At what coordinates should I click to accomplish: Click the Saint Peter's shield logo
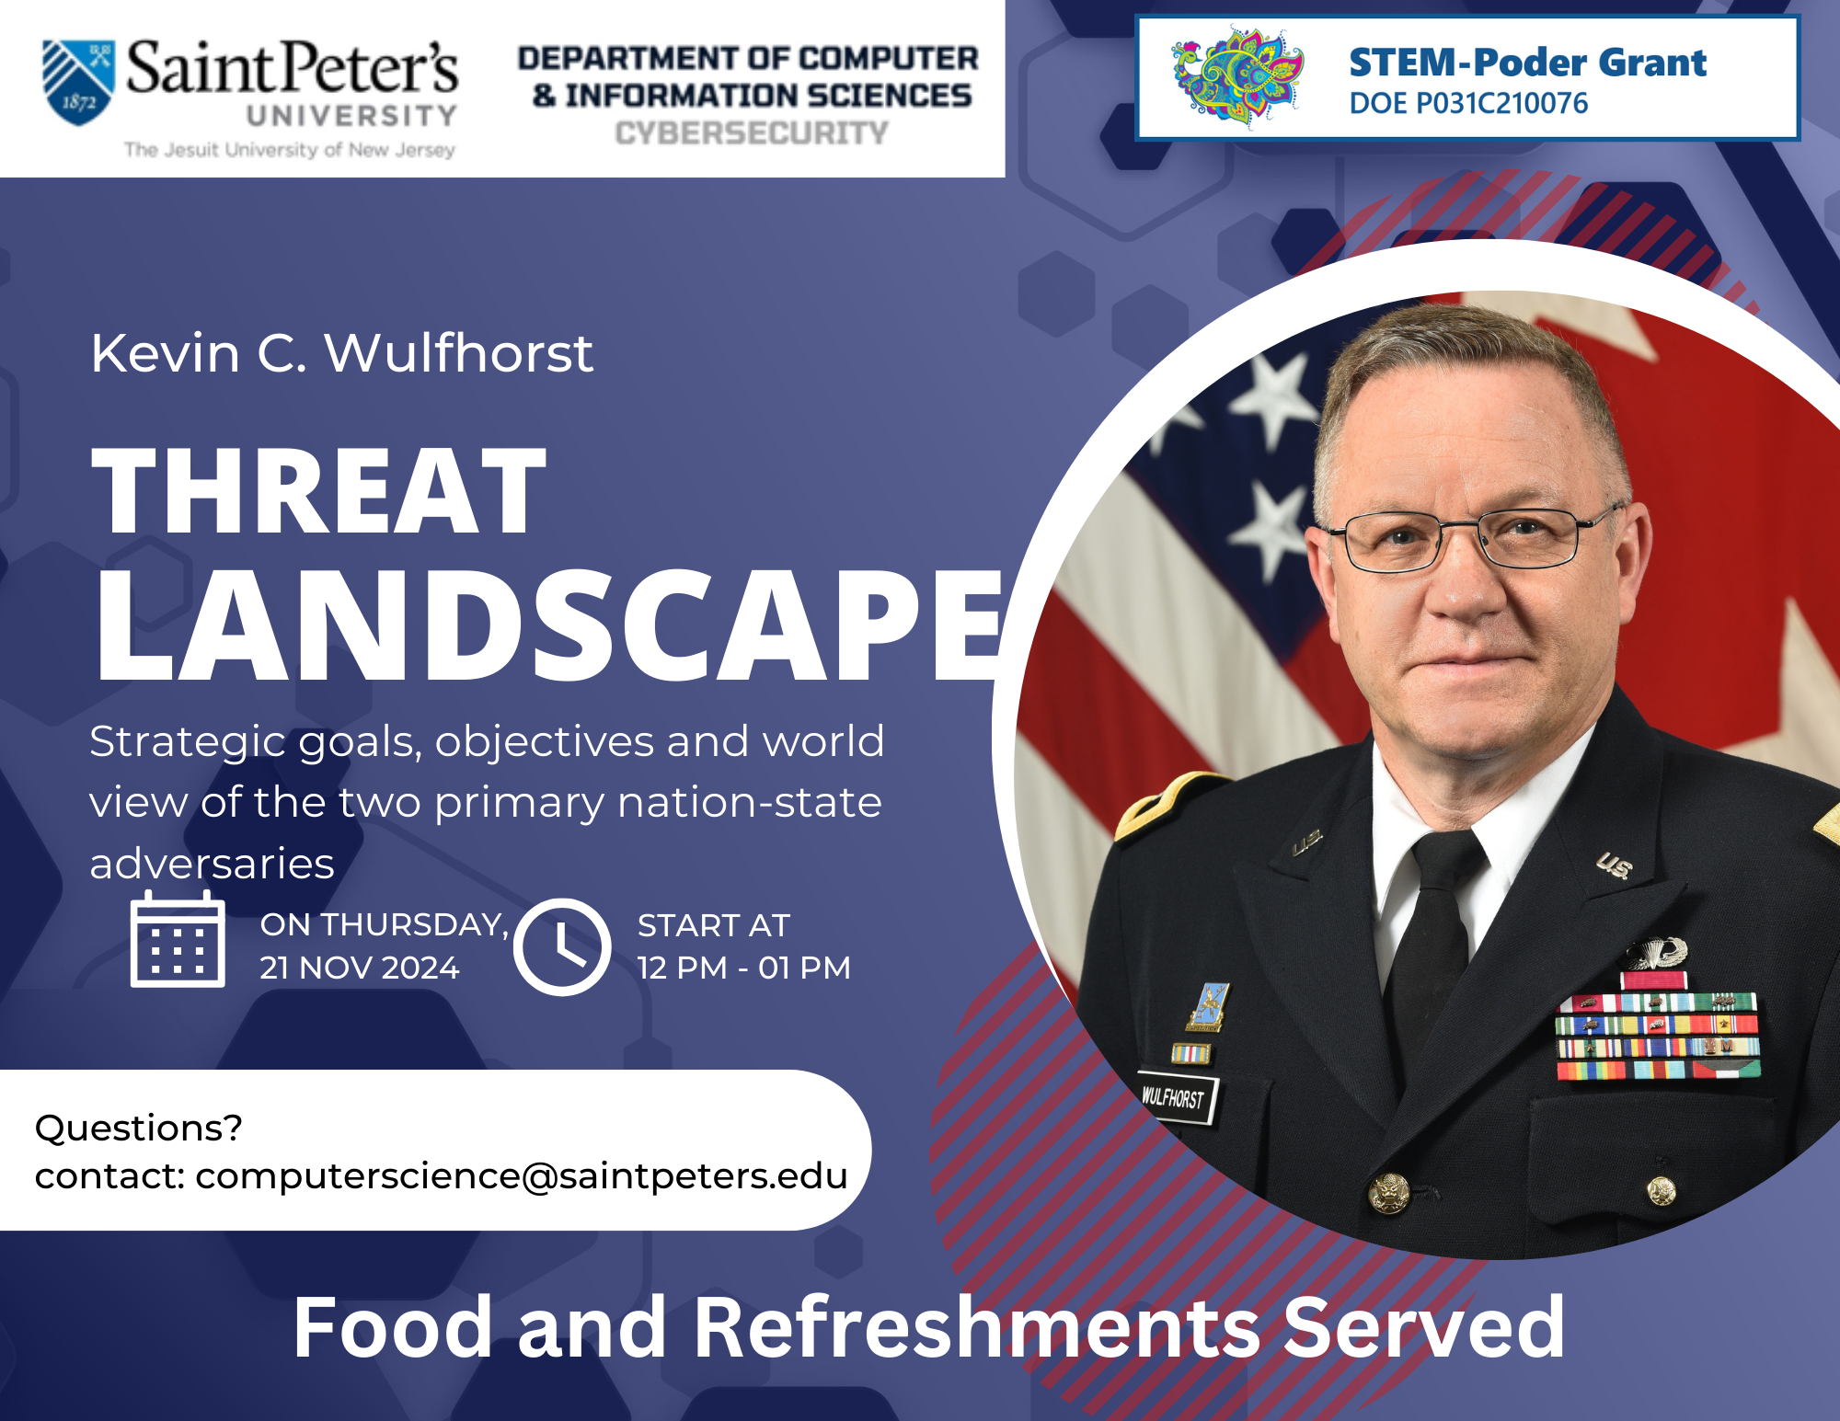(x=79, y=82)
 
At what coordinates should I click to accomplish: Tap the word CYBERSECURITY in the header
(x=752, y=132)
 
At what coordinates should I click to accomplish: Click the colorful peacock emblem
(x=1237, y=77)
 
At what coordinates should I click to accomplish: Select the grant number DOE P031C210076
(x=1468, y=103)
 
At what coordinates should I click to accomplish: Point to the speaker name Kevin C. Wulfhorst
(x=341, y=353)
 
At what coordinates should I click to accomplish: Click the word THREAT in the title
(x=319, y=490)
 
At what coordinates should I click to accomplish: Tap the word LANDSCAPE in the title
(x=548, y=625)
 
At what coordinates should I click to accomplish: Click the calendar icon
(x=178, y=940)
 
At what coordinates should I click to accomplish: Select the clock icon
(x=562, y=946)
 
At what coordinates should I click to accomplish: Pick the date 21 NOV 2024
(x=359, y=968)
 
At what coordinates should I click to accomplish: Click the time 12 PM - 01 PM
(x=743, y=968)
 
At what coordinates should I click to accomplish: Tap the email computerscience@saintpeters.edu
(x=521, y=1175)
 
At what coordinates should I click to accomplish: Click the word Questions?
(x=138, y=1128)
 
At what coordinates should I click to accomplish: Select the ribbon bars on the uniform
(x=1657, y=1035)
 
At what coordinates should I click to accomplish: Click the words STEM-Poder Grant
(x=1527, y=62)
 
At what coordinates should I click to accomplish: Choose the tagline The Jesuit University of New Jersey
(x=290, y=150)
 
